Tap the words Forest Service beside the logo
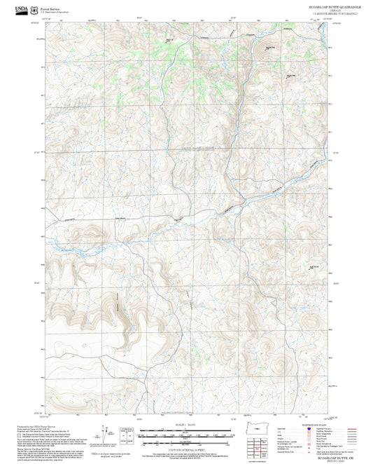(x=49, y=6)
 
